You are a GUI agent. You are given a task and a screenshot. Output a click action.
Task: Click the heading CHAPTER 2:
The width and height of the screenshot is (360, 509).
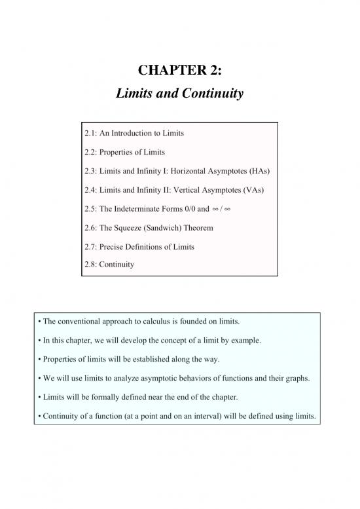(x=179, y=69)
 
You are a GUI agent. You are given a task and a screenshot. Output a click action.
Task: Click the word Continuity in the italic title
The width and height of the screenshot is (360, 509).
(x=210, y=94)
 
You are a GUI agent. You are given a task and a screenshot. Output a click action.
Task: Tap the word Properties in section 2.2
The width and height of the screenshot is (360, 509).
(x=124, y=152)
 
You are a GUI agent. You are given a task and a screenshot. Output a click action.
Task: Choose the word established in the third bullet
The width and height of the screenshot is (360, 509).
(x=156, y=360)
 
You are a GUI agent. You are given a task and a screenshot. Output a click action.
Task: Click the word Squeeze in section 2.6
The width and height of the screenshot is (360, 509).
(x=137, y=228)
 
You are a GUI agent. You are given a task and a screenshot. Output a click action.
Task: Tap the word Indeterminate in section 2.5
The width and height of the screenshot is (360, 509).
(x=135, y=209)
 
